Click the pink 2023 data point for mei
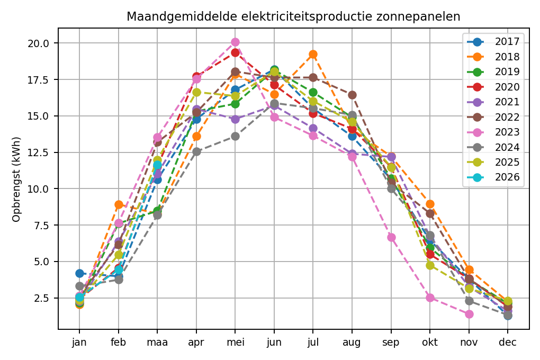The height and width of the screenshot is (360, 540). coord(235,42)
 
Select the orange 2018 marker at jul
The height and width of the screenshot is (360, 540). coord(313,54)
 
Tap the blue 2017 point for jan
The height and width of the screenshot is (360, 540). coord(79,273)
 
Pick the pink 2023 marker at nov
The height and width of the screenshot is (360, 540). coord(469,314)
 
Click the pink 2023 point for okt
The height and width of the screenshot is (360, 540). coord(430,298)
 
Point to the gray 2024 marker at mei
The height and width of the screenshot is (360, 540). coord(235,136)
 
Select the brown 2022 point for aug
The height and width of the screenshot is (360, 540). coord(352,95)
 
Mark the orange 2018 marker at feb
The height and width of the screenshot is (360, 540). coord(119,204)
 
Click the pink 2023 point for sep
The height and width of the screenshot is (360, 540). coord(391,237)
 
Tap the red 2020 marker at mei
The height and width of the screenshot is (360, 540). coord(235,52)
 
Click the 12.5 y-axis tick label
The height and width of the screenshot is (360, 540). coord(41,152)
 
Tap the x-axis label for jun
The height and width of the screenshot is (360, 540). coord(274,343)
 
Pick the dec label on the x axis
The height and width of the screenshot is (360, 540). coord(508,343)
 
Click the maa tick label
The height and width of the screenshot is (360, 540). coord(157,343)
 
